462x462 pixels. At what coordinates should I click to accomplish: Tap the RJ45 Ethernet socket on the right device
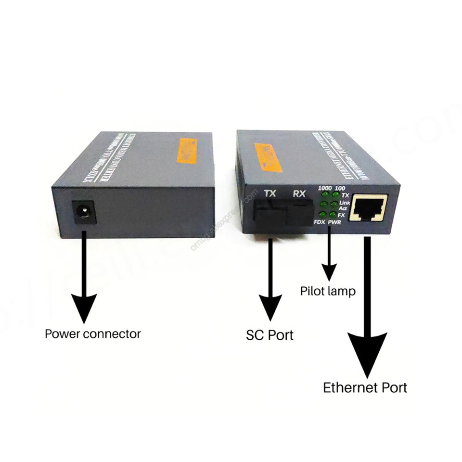[x=370, y=207]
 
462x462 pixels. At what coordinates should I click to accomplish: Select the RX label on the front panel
[x=300, y=194]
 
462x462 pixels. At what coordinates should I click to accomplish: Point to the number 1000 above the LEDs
[x=327, y=188]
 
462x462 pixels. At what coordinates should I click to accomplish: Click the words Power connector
[x=93, y=334]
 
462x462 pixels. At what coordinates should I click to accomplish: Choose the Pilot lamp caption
[x=328, y=291]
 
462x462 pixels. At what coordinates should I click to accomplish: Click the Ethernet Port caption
[x=365, y=387]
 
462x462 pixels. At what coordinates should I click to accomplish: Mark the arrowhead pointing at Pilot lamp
[x=329, y=274]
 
